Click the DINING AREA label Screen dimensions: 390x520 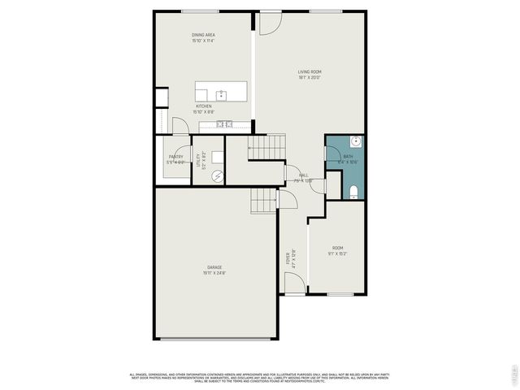[x=203, y=35]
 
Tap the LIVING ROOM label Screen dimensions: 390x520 [x=309, y=72]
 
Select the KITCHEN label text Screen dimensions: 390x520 [x=203, y=106]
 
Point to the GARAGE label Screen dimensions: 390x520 [x=214, y=266]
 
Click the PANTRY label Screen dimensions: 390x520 [x=175, y=157]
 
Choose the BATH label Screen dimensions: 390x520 [x=348, y=157]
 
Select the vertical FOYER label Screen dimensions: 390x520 [x=287, y=259]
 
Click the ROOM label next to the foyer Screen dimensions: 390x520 [x=338, y=248]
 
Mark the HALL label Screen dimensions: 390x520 [x=303, y=175]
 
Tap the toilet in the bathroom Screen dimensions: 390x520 [x=353, y=192]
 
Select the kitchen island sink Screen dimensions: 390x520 [x=220, y=94]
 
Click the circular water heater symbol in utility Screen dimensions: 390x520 [x=217, y=175]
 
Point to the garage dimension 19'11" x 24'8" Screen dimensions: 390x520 [x=214, y=273]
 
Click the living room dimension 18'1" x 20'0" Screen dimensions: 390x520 [x=309, y=78]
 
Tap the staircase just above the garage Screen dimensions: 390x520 [x=263, y=200]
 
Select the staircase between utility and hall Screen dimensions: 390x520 [x=266, y=148]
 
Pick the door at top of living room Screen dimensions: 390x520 [x=268, y=22]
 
